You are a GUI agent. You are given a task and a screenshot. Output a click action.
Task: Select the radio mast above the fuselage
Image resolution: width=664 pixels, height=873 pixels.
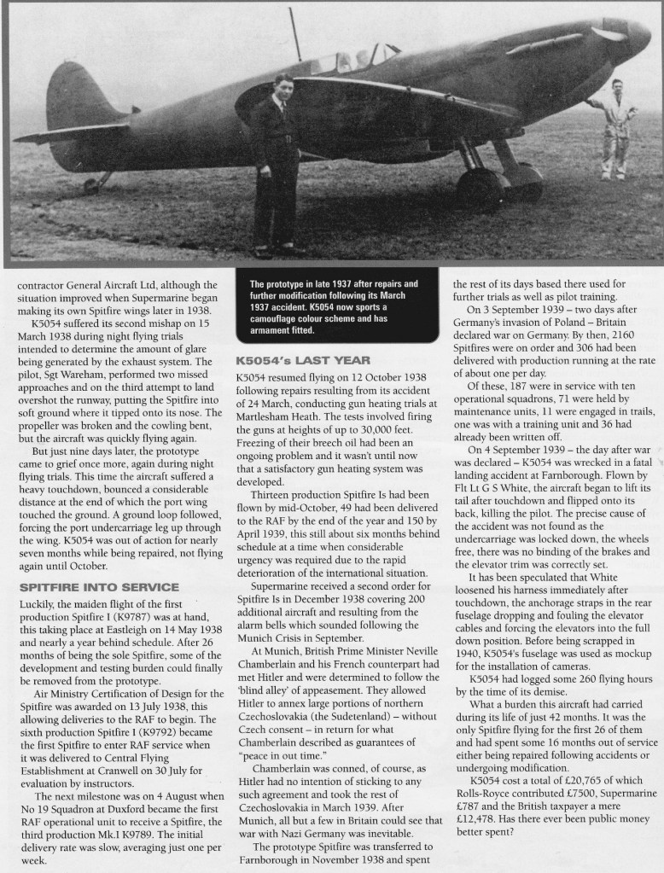coord(294,34)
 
